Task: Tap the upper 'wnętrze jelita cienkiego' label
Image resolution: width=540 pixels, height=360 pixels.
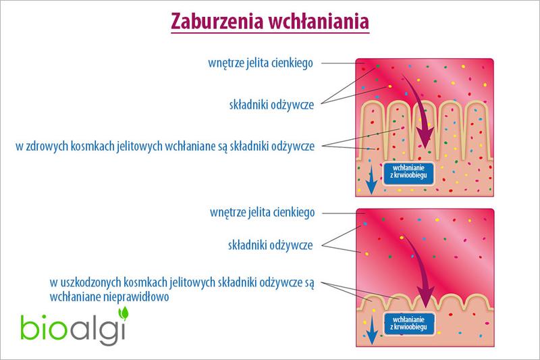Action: [262, 63]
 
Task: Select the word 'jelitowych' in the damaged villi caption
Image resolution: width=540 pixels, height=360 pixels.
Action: [186, 284]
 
